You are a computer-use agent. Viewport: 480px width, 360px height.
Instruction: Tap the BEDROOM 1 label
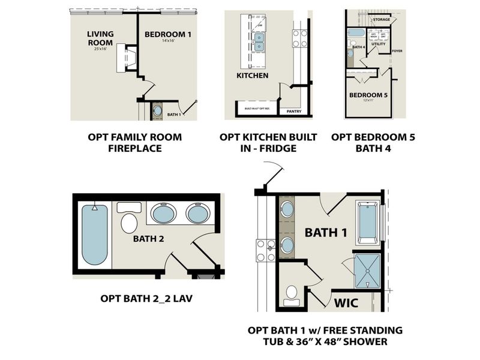tap(167, 35)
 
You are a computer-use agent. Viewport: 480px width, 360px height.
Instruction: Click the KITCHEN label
tap(252, 76)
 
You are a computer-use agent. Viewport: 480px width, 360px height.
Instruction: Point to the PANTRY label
tap(294, 111)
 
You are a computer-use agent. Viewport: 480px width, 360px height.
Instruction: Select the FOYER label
tap(396, 51)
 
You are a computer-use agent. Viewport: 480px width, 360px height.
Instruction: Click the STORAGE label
tap(381, 20)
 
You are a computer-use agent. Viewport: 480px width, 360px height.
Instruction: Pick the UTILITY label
tap(378, 44)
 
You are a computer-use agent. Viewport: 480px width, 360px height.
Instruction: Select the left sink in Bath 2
tap(163, 213)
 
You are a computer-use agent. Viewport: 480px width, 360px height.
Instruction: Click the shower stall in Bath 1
tap(365, 270)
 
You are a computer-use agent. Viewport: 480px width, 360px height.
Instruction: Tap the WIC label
tap(346, 302)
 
